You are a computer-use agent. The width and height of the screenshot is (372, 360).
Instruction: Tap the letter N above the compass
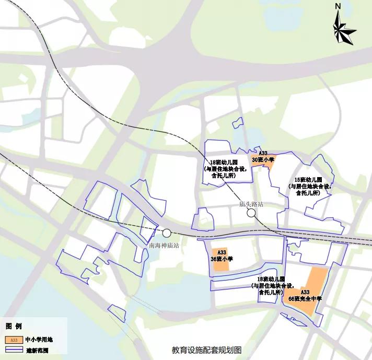pos(338,6)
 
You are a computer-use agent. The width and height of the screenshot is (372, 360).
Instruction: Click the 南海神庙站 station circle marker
pos(167,234)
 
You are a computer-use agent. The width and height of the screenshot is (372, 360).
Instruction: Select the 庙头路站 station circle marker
pos(251,213)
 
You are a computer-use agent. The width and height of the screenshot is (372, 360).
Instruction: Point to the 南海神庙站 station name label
pos(164,245)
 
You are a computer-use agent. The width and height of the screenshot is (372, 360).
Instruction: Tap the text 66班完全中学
pos(305,298)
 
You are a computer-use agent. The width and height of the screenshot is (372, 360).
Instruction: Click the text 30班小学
pos(263,159)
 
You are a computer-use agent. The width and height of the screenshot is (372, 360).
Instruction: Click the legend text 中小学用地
pos(39,340)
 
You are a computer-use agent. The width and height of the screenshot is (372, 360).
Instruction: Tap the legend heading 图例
pos(14,326)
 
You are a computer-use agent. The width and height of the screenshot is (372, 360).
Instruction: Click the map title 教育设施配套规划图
pos(206,351)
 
